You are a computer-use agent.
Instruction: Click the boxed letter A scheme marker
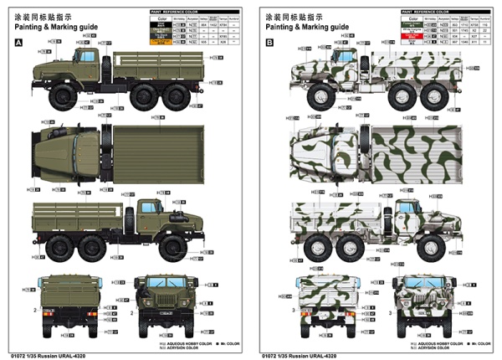point(18,42)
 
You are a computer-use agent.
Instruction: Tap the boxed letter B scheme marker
point(269,42)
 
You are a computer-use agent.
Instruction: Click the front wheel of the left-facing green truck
point(63,96)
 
